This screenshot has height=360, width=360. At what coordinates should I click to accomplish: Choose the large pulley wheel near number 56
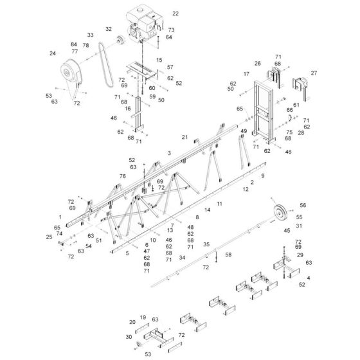tap(280, 214)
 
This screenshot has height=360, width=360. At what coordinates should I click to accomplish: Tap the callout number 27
tap(314, 73)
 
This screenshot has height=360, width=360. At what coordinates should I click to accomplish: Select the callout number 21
tap(184, 137)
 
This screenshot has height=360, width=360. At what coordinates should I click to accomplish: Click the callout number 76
tap(122, 176)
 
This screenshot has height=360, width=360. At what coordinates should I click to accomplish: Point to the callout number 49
tap(244, 131)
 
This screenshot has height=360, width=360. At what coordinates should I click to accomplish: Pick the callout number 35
tap(206, 244)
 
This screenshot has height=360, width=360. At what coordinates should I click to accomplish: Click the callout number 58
tap(228, 255)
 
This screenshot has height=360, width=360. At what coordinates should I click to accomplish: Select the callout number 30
tap(129, 337)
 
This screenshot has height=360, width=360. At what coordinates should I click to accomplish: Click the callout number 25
tap(50, 237)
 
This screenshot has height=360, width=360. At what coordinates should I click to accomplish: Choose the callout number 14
tap(208, 210)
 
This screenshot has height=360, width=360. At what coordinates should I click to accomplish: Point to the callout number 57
tap(170, 67)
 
